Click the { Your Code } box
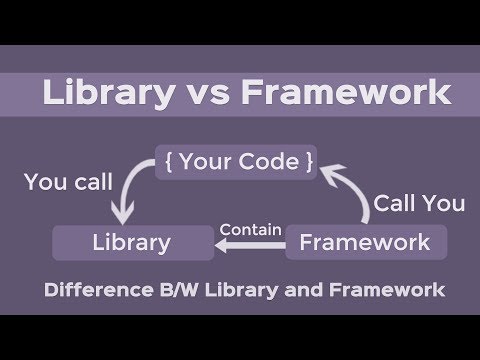click(236, 162)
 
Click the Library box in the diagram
click(131, 242)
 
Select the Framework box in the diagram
click(365, 242)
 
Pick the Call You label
click(419, 203)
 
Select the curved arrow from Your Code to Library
click(127, 196)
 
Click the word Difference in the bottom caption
click(97, 292)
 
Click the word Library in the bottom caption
click(239, 292)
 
